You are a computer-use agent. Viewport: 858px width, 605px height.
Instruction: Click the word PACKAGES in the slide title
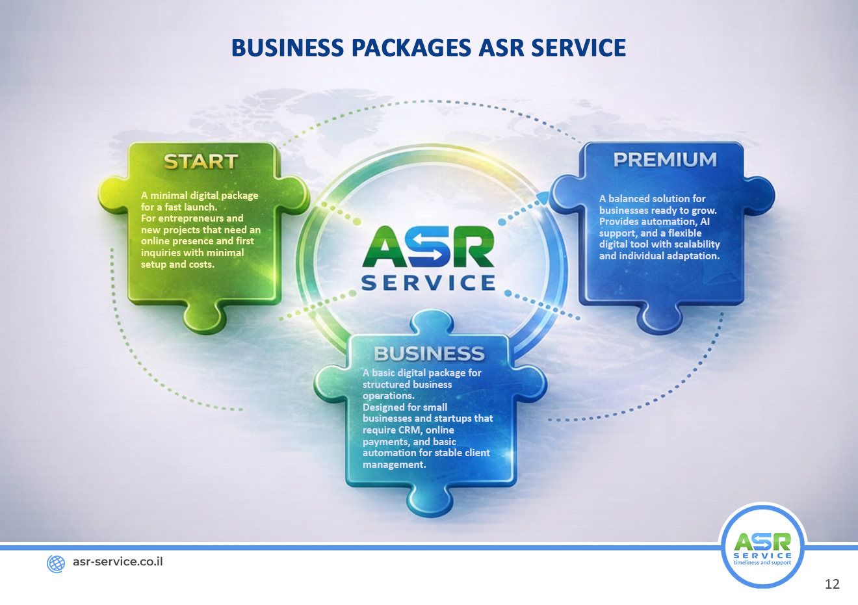pyautogui.click(x=411, y=48)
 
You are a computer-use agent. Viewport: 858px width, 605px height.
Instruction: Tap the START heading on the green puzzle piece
pyautogui.click(x=201, y=162)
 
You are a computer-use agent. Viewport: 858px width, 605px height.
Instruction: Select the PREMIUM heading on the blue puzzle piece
pyautogui.click(x=665, y=160)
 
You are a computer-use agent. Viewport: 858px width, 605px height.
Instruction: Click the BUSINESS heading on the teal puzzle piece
pyautogui.click(x=429, y=354)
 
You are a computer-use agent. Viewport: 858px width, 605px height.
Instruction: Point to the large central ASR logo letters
pyautogui.click(x=428, y=246)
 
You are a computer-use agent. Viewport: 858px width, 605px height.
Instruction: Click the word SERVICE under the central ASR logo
pyautogui.click(x=428, y=283)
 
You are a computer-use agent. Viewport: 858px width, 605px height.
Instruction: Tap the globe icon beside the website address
pyautogui.click(x=56, y=563)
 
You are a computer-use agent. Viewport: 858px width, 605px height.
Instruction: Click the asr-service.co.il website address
pyautogui.click(x=118, y=561)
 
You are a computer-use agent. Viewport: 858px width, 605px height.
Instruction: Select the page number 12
pyautogui.click(x=832, y=584)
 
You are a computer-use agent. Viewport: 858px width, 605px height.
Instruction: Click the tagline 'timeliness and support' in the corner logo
pyautogui.click(x=762, y=563)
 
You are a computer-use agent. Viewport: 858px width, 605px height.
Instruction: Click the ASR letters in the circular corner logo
pyautogui.click(x=762, y=542)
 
